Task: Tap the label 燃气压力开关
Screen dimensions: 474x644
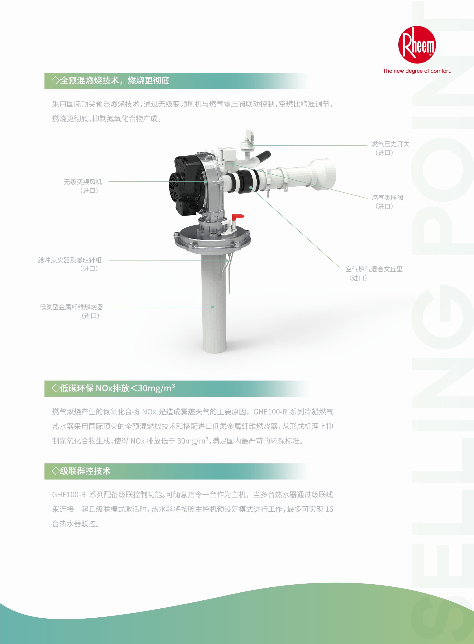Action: (391, 144)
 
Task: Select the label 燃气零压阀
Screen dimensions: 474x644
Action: (387, 198)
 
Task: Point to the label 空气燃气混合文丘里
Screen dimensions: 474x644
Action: (374, 269)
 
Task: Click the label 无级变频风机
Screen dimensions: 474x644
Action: (83, 182)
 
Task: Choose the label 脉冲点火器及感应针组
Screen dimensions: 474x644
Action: (70, 260)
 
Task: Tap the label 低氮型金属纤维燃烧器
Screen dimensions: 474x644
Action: (71, 307)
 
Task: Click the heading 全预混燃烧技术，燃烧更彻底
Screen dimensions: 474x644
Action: (111, 81)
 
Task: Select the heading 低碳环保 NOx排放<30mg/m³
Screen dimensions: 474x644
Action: (113, 388)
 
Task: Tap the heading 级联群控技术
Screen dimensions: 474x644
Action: (81, 471)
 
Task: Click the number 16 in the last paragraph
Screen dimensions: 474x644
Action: (329, 509)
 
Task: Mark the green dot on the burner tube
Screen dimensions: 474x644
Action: (212, 307)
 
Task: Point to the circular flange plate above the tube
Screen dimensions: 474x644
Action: (212, 238)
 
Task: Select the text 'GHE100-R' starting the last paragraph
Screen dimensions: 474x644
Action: (69, 495)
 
